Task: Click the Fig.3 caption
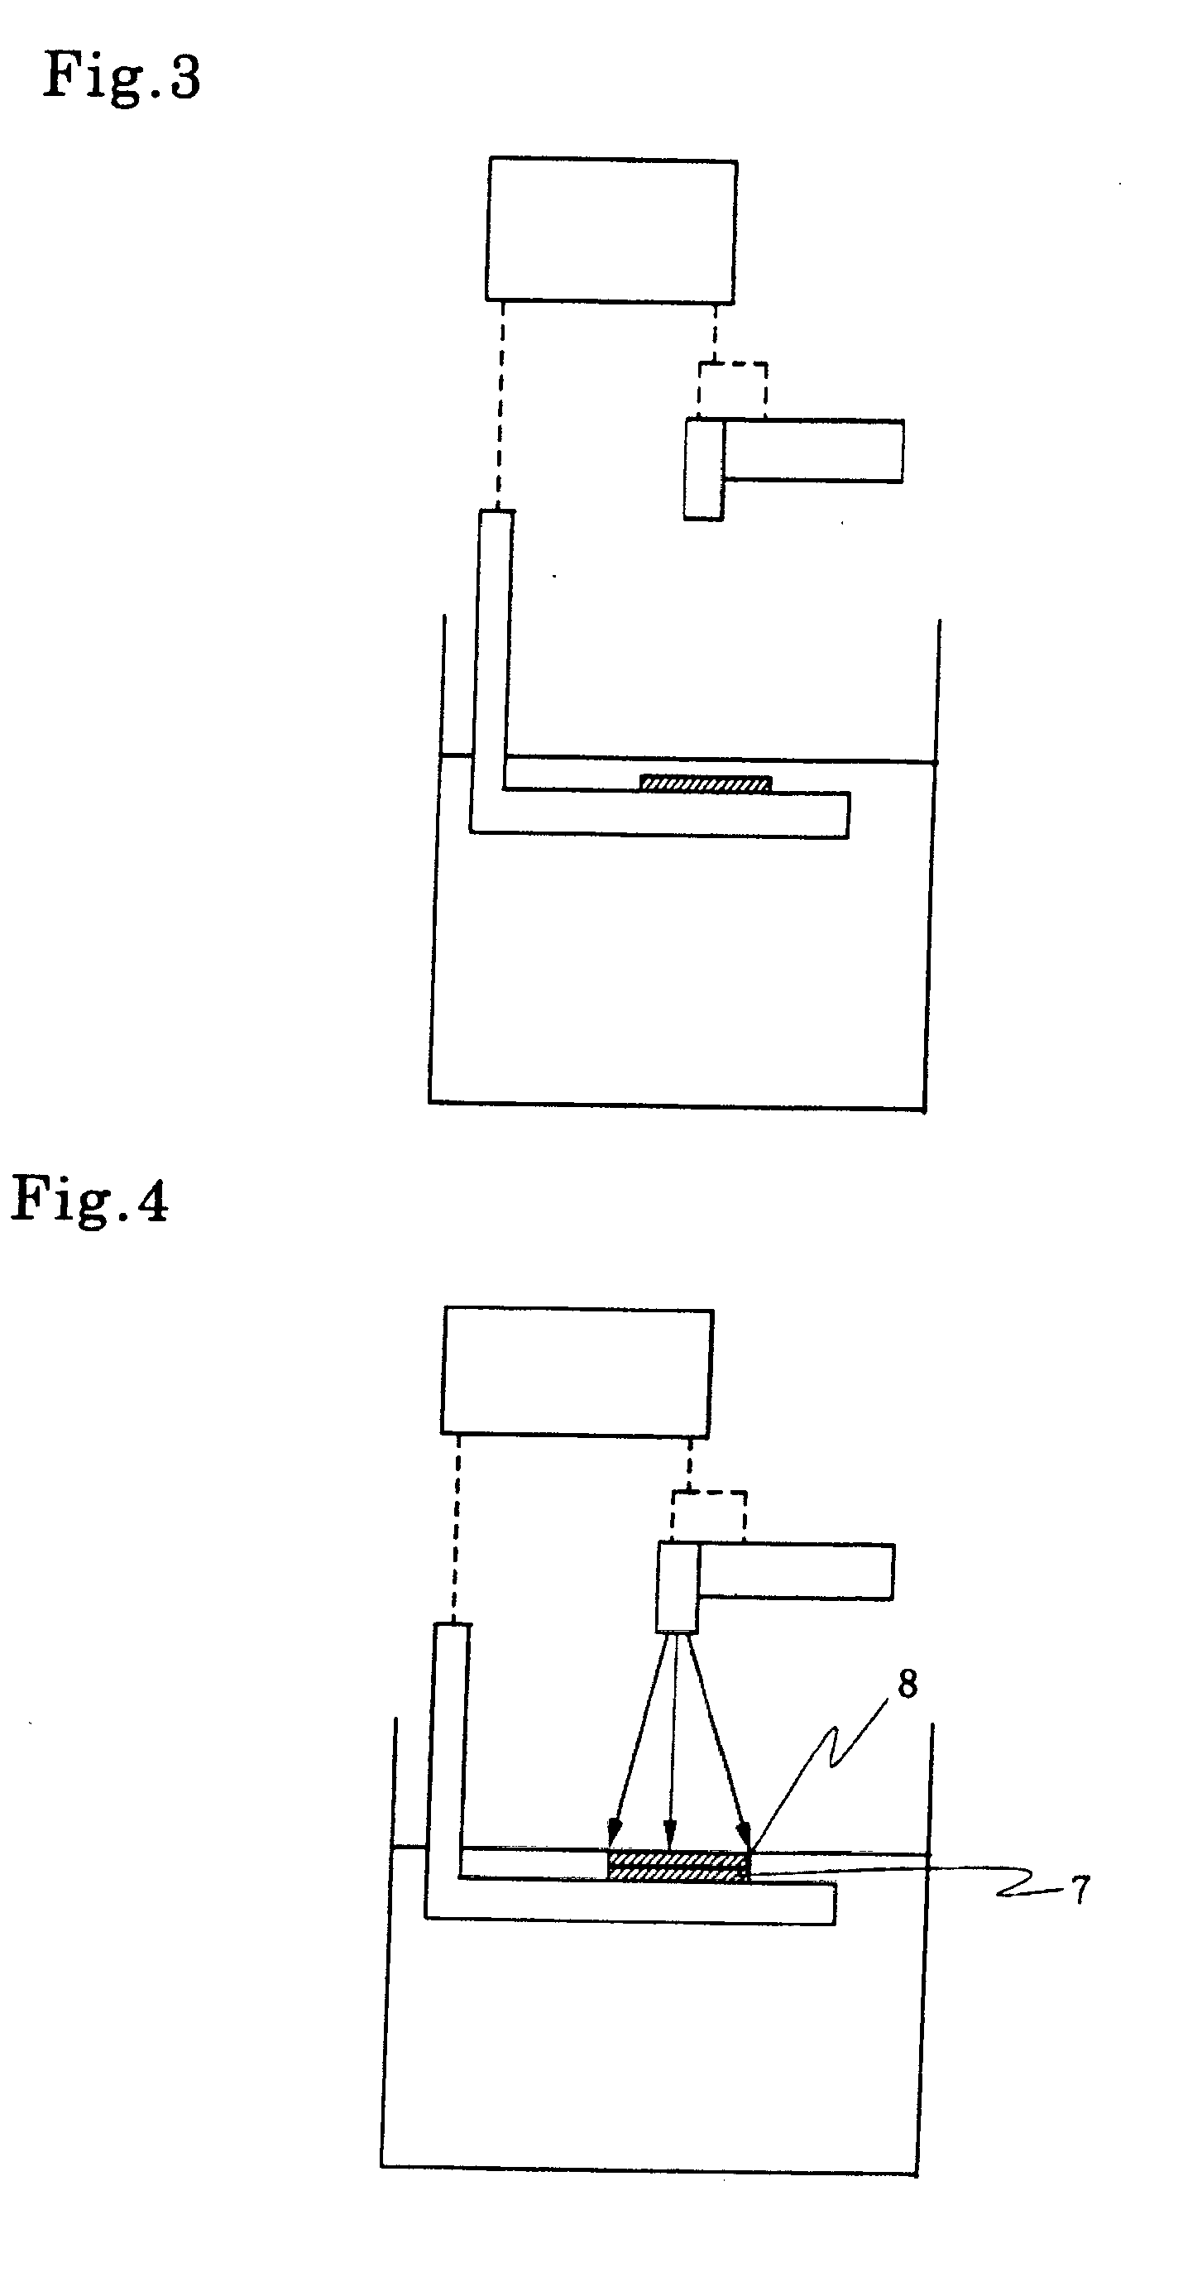click(x=122, y=78)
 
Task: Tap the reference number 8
click(x=907, y=1685)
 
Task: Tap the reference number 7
click(x=1080, y=1890)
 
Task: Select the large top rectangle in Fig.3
click(x=611, y=230)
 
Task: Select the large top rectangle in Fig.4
click(x=577, y=1372)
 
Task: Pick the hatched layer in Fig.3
click(x=706, y=784)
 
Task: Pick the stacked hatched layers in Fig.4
click(x=678, y=1866)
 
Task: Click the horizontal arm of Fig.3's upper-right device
click(x=813, y=451)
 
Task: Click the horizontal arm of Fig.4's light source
click(x=796, y=1570)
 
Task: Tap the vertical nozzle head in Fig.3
click(x=703, y=468)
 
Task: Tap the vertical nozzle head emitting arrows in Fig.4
click(x=677, y=1587)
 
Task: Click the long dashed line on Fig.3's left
click(x=500, y=406)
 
